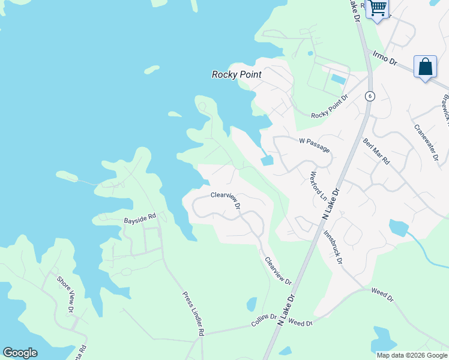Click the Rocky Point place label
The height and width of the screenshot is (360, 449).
(x=237, y=74)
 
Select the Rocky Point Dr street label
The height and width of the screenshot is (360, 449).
(x=330, y=107)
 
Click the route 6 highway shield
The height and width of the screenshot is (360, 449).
(x=370, y=96)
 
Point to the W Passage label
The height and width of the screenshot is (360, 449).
(x=315, y=145)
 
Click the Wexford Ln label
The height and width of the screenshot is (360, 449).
(x=318, y=187)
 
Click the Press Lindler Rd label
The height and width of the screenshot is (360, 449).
(x=194, y=314)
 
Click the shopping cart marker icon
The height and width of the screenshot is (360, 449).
(x=378, y=8)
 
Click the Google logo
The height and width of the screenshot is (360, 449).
(x=20, y=353)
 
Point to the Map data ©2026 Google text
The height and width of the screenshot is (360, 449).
(x=411, y=355)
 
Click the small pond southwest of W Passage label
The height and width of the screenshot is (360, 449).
(x=267, y=160)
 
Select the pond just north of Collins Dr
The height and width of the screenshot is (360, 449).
(x=252, y=304)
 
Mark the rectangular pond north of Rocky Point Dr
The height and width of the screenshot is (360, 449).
(x=338, y=79)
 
